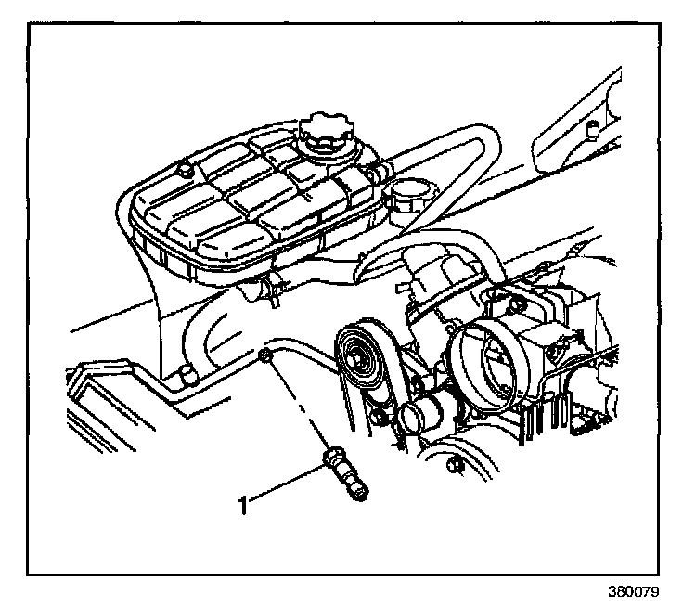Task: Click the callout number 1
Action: click(x=244, y=505)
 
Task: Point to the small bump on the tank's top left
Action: click(x=183, y=168)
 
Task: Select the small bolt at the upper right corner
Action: click(x=591, y=124)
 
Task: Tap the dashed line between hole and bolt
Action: click(x=297, y=407)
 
